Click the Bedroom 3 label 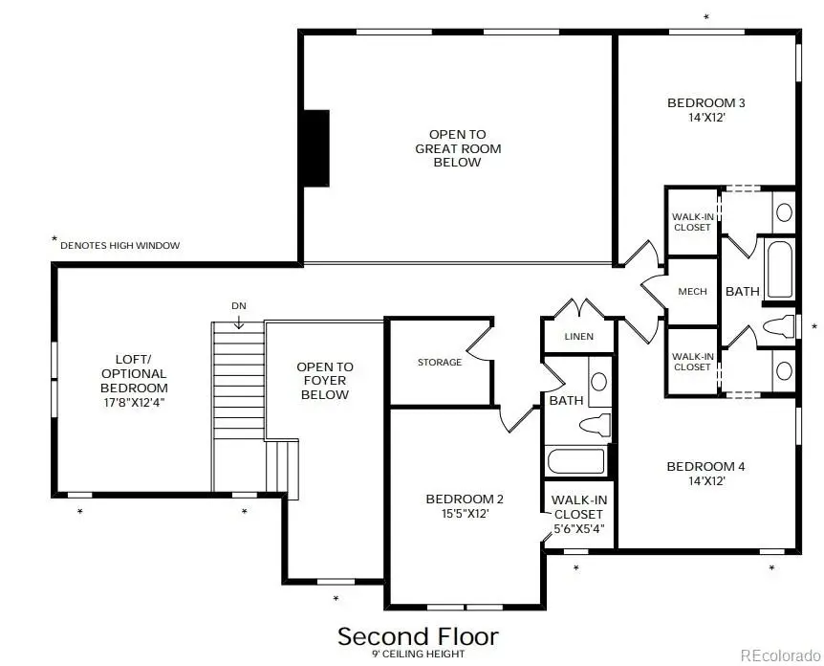[x=705, y=102]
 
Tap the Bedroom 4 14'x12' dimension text [x=705, y=481]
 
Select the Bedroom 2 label [x=465, y=499]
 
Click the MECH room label [x=692, y=291]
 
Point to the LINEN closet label [x=578, y=337]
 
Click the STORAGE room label [x=440, y=362]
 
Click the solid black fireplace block [x=316, y=148]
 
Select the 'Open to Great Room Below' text [x=458, y=148]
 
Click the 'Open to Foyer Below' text [x=325, y=380]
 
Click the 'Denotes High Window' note [x=119, y=246]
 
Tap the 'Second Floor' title [x=418, y=636]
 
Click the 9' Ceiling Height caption [x=418, y=655]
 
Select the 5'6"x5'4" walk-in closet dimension [x=578, y=527]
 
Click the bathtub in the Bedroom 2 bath [x=575, y=461]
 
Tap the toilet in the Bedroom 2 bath [x=596, y=424]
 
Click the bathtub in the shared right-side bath [x=780, y=270]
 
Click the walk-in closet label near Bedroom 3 [x=692, y=222]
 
